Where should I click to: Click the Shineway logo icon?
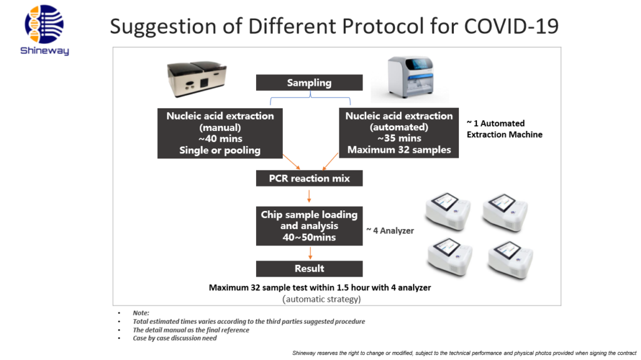tap(44, 24)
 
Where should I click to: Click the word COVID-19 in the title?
tap(511, 26)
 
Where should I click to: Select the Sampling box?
tap(309, 83)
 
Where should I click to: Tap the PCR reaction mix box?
tap(309, 178)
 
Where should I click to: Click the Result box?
tap(309, 269)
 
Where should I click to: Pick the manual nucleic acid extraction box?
tap(220, 133)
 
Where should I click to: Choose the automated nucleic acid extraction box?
tap(399, 133)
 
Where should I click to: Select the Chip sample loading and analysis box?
tap(309, 226)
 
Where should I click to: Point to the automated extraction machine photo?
tap(411, 77)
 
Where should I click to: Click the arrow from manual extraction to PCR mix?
tap(292, 162)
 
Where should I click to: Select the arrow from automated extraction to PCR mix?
tap(331, 162)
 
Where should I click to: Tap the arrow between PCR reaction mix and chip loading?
tap(309, 196)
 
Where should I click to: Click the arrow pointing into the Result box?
tap(310, 253)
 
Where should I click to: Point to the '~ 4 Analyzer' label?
tap(390, 231)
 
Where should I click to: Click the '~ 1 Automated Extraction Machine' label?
tap(505, 129)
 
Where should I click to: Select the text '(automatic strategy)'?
tap(322, 299)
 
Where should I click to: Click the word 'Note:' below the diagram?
tap(141, 313)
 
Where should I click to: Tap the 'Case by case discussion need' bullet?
tap(175, 338)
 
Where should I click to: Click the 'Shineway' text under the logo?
tap(44, 51)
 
